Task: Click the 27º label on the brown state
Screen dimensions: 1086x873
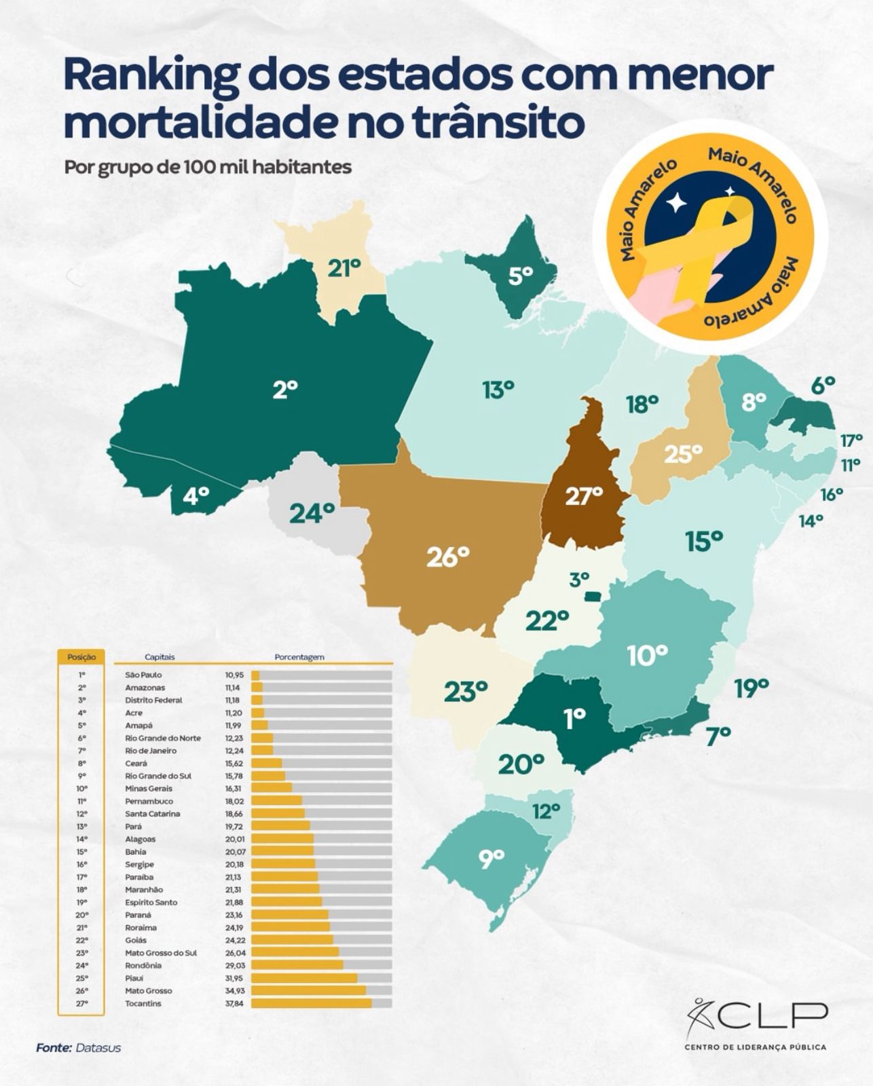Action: pyautogui.click(x=584, y=496)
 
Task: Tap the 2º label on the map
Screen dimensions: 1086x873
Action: pyautogui.click(x=285, y=390)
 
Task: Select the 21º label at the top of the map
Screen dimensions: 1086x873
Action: pyautogui.click(x=343, y=269)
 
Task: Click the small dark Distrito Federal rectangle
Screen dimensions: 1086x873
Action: pyautogui.click(x=593, y=595)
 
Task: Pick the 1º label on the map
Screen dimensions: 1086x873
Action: pyautogui.click(x=574, y=719)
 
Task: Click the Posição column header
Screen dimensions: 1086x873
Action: pyautogui.click(x=81, y=657)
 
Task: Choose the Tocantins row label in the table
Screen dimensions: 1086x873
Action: pyautogui.click(x=143, y=1003)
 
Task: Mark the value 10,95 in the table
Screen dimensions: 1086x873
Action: pyautogui.click(x=234, y=675)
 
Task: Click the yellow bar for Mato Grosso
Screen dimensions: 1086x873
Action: pyautogui.click(x=308, y=991)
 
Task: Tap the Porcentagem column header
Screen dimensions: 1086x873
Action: pyautogui.click(x=299, y=657)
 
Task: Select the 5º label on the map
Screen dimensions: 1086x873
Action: pyautogui.click(x=521, y=276)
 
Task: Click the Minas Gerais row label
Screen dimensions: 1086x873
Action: pyautogui.click(x=149, y=789)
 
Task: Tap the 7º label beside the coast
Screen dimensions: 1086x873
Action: pyautogui.click(x=718, y=734)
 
